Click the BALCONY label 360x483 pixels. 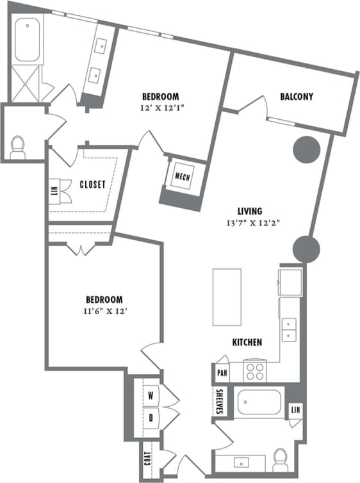click(297, 97)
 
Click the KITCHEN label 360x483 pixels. click(247, 343)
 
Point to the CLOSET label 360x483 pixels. click(92, 184)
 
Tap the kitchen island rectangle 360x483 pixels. click(227, 298)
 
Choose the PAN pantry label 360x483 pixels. click(222, 372)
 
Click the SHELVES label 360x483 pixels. click(219, 402)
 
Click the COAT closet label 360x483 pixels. click(148, 459)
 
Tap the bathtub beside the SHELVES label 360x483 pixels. click(258, 403)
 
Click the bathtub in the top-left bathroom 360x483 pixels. click(27, 41)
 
